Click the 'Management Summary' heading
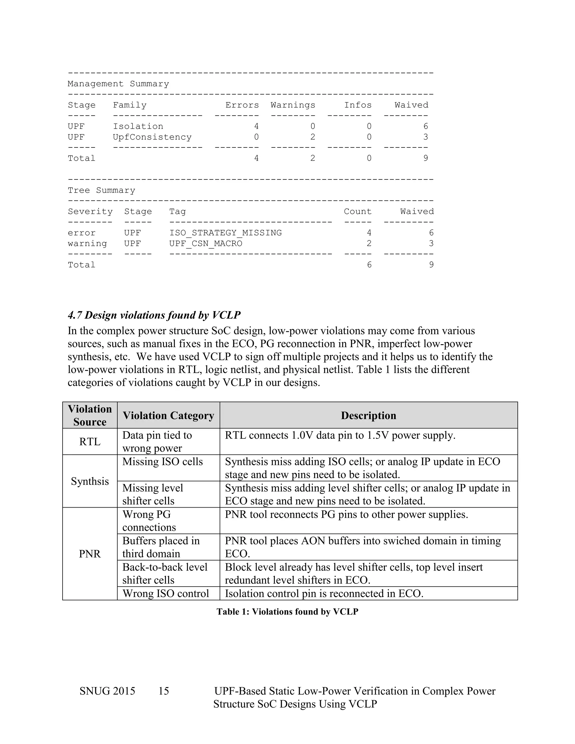pyautogui.click(x=118, y=84)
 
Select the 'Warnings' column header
pyautogui.click(x=293, y=105)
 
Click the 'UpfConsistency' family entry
pyautogui.click(x=152, y=137)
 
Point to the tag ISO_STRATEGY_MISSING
pyautogui.click(x=225, y=233)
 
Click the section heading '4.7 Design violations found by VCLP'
pyautogui.click(x=154, y=315)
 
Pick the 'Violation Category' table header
pyautogui.click(x=168, y=415)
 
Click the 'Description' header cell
pyautogui.click(x=368, y=415)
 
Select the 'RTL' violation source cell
pyautogui.click(x=90, y=442)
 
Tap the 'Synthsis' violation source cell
pyautogui.click(x=90, y=481)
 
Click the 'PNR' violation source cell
pyautogui.click(x=90, y=554)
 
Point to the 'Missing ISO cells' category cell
pyautogui.click(x=163, y=462)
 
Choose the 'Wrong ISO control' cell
pyautogui.click(x=166, y=594)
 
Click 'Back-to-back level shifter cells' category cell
pyautogui.click(x=165, y=573)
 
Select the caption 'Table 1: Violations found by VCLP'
pyautogui.click(x=287, y=611)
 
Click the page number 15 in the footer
pyautogui.click(x=163, y=691)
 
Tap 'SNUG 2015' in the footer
pyautogui.click(x=107, y=691)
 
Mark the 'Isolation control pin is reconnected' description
pyautogui.click(x=324, y=594)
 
